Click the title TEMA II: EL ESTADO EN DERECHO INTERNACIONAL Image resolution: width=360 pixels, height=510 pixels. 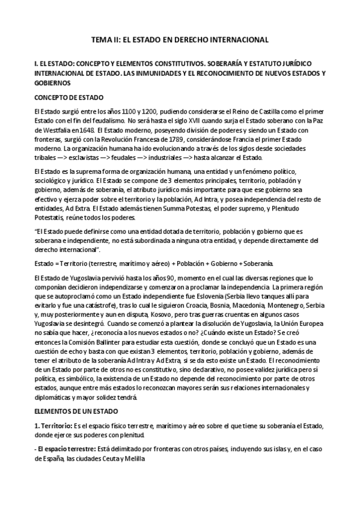180,40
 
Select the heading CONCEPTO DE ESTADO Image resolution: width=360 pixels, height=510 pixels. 69,97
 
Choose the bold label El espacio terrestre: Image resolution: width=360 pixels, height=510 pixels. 63,449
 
